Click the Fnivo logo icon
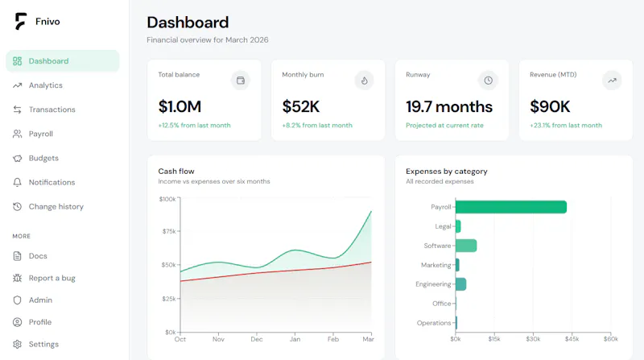click(x=21, y=22)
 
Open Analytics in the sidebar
click(x=46, y=85)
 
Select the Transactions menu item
click(x=52, y=110)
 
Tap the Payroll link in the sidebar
click(x=41, y=134)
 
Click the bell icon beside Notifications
click(x=17, y=183)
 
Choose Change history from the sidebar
click(x=56, y=207)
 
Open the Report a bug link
click(x=52, y=278)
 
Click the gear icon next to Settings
click(x=17, y=345)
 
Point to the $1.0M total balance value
click(x=180, y=107)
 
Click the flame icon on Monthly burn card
click(x=365, y=81)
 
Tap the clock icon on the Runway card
click(x=488, y=81)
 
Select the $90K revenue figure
click(x=550, y=107)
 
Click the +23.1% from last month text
click(x=566, y=126)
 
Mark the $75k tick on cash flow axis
click(x=169, y=231)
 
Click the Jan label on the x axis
click(x=295, y=339)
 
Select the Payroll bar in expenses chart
click(x=511, y=207)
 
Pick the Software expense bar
click(x=466, y=246)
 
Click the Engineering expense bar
click(x=460, y=284)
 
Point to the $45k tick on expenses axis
click(x=572, y=339)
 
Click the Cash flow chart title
click(x=176, y=172)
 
